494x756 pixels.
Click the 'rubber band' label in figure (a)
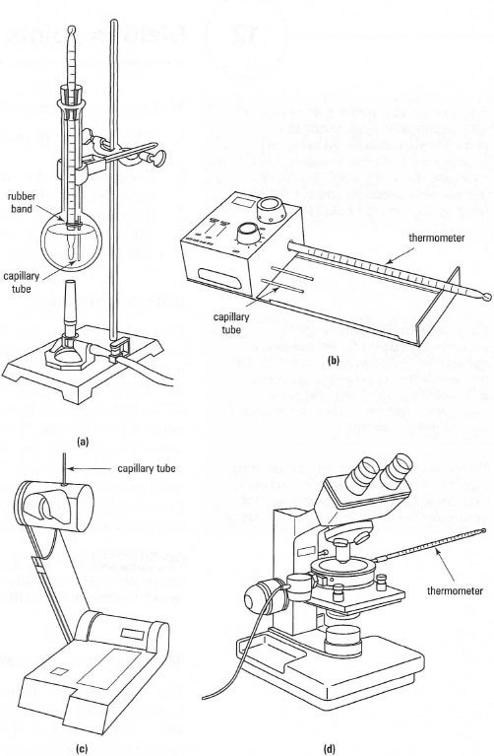click(22, 203)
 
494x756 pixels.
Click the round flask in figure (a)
click(71, 241)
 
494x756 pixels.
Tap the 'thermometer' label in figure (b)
click(437, 238)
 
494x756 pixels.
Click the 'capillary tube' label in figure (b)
click(231, 323)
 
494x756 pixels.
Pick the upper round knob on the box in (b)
click(272, 210)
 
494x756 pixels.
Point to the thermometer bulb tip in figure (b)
click(487, 297)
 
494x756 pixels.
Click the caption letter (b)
click(334, 360)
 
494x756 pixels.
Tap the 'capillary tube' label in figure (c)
click(147, 468)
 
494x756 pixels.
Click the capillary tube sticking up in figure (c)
click(64, 467)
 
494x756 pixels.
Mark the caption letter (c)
click(83, 748)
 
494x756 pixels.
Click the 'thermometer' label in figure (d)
click(455, 590)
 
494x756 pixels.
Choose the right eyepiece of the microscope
click(396, 467)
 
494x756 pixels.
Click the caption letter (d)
click(330, 749)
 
